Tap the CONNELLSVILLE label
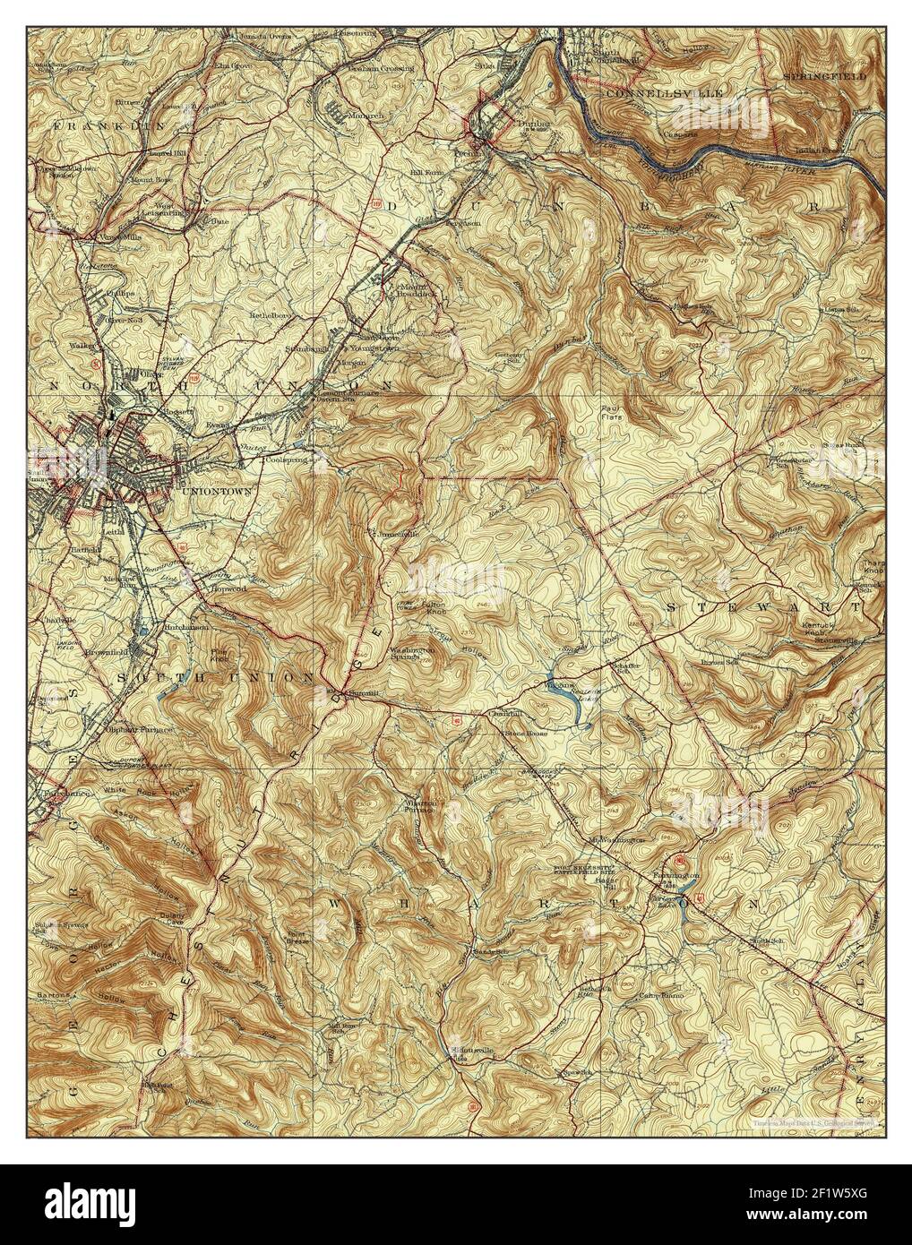650,92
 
